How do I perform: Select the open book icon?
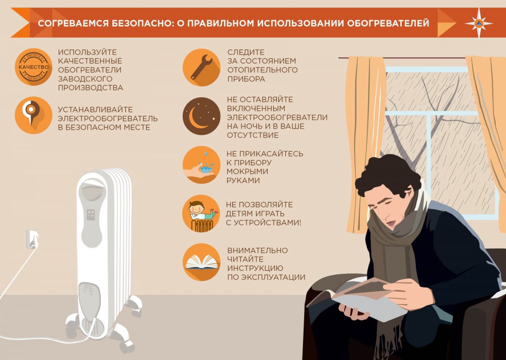pos(201,262)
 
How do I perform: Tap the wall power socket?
pos(32,238)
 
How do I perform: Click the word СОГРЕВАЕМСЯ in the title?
pos(71,23)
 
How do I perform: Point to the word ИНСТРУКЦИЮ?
pos(255,268)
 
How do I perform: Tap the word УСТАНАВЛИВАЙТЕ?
pos(95,109)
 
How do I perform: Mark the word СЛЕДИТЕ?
pos(246,52)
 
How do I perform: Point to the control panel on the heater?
pos(91,214)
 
